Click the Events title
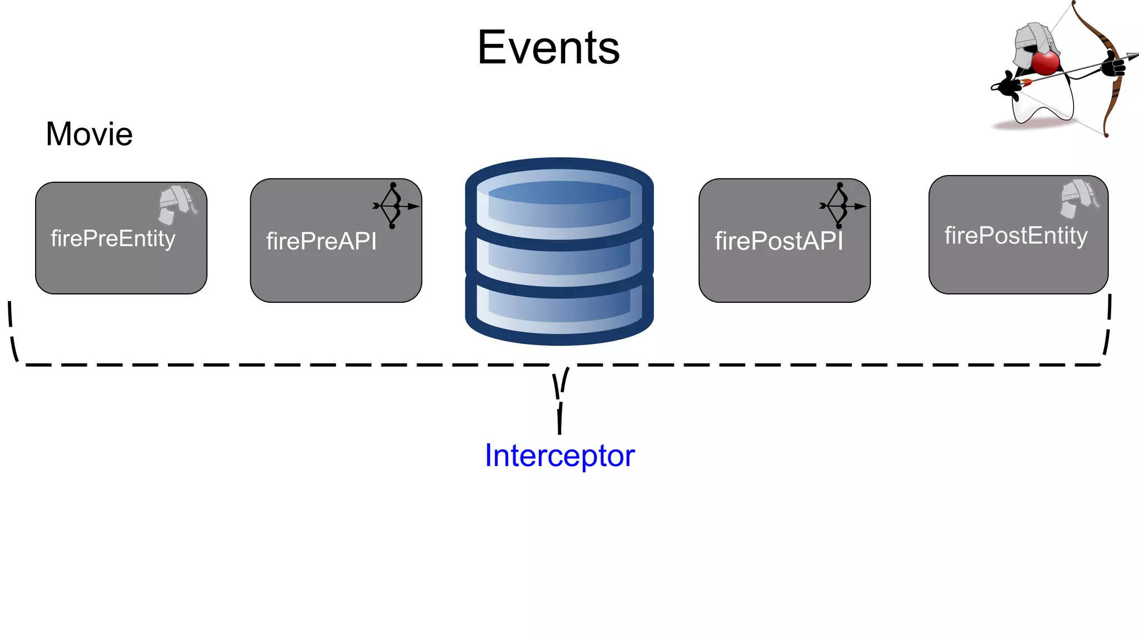point(548,48)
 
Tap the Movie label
point(89,134)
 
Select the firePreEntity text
point(113,239)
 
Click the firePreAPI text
point(321,242)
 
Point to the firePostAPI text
point(779,242)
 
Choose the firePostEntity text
point(1016,236)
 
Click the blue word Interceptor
point(559,456)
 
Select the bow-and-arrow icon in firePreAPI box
point(394,206)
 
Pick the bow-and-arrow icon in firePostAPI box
point(841,206)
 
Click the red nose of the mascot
point(1046,63)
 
